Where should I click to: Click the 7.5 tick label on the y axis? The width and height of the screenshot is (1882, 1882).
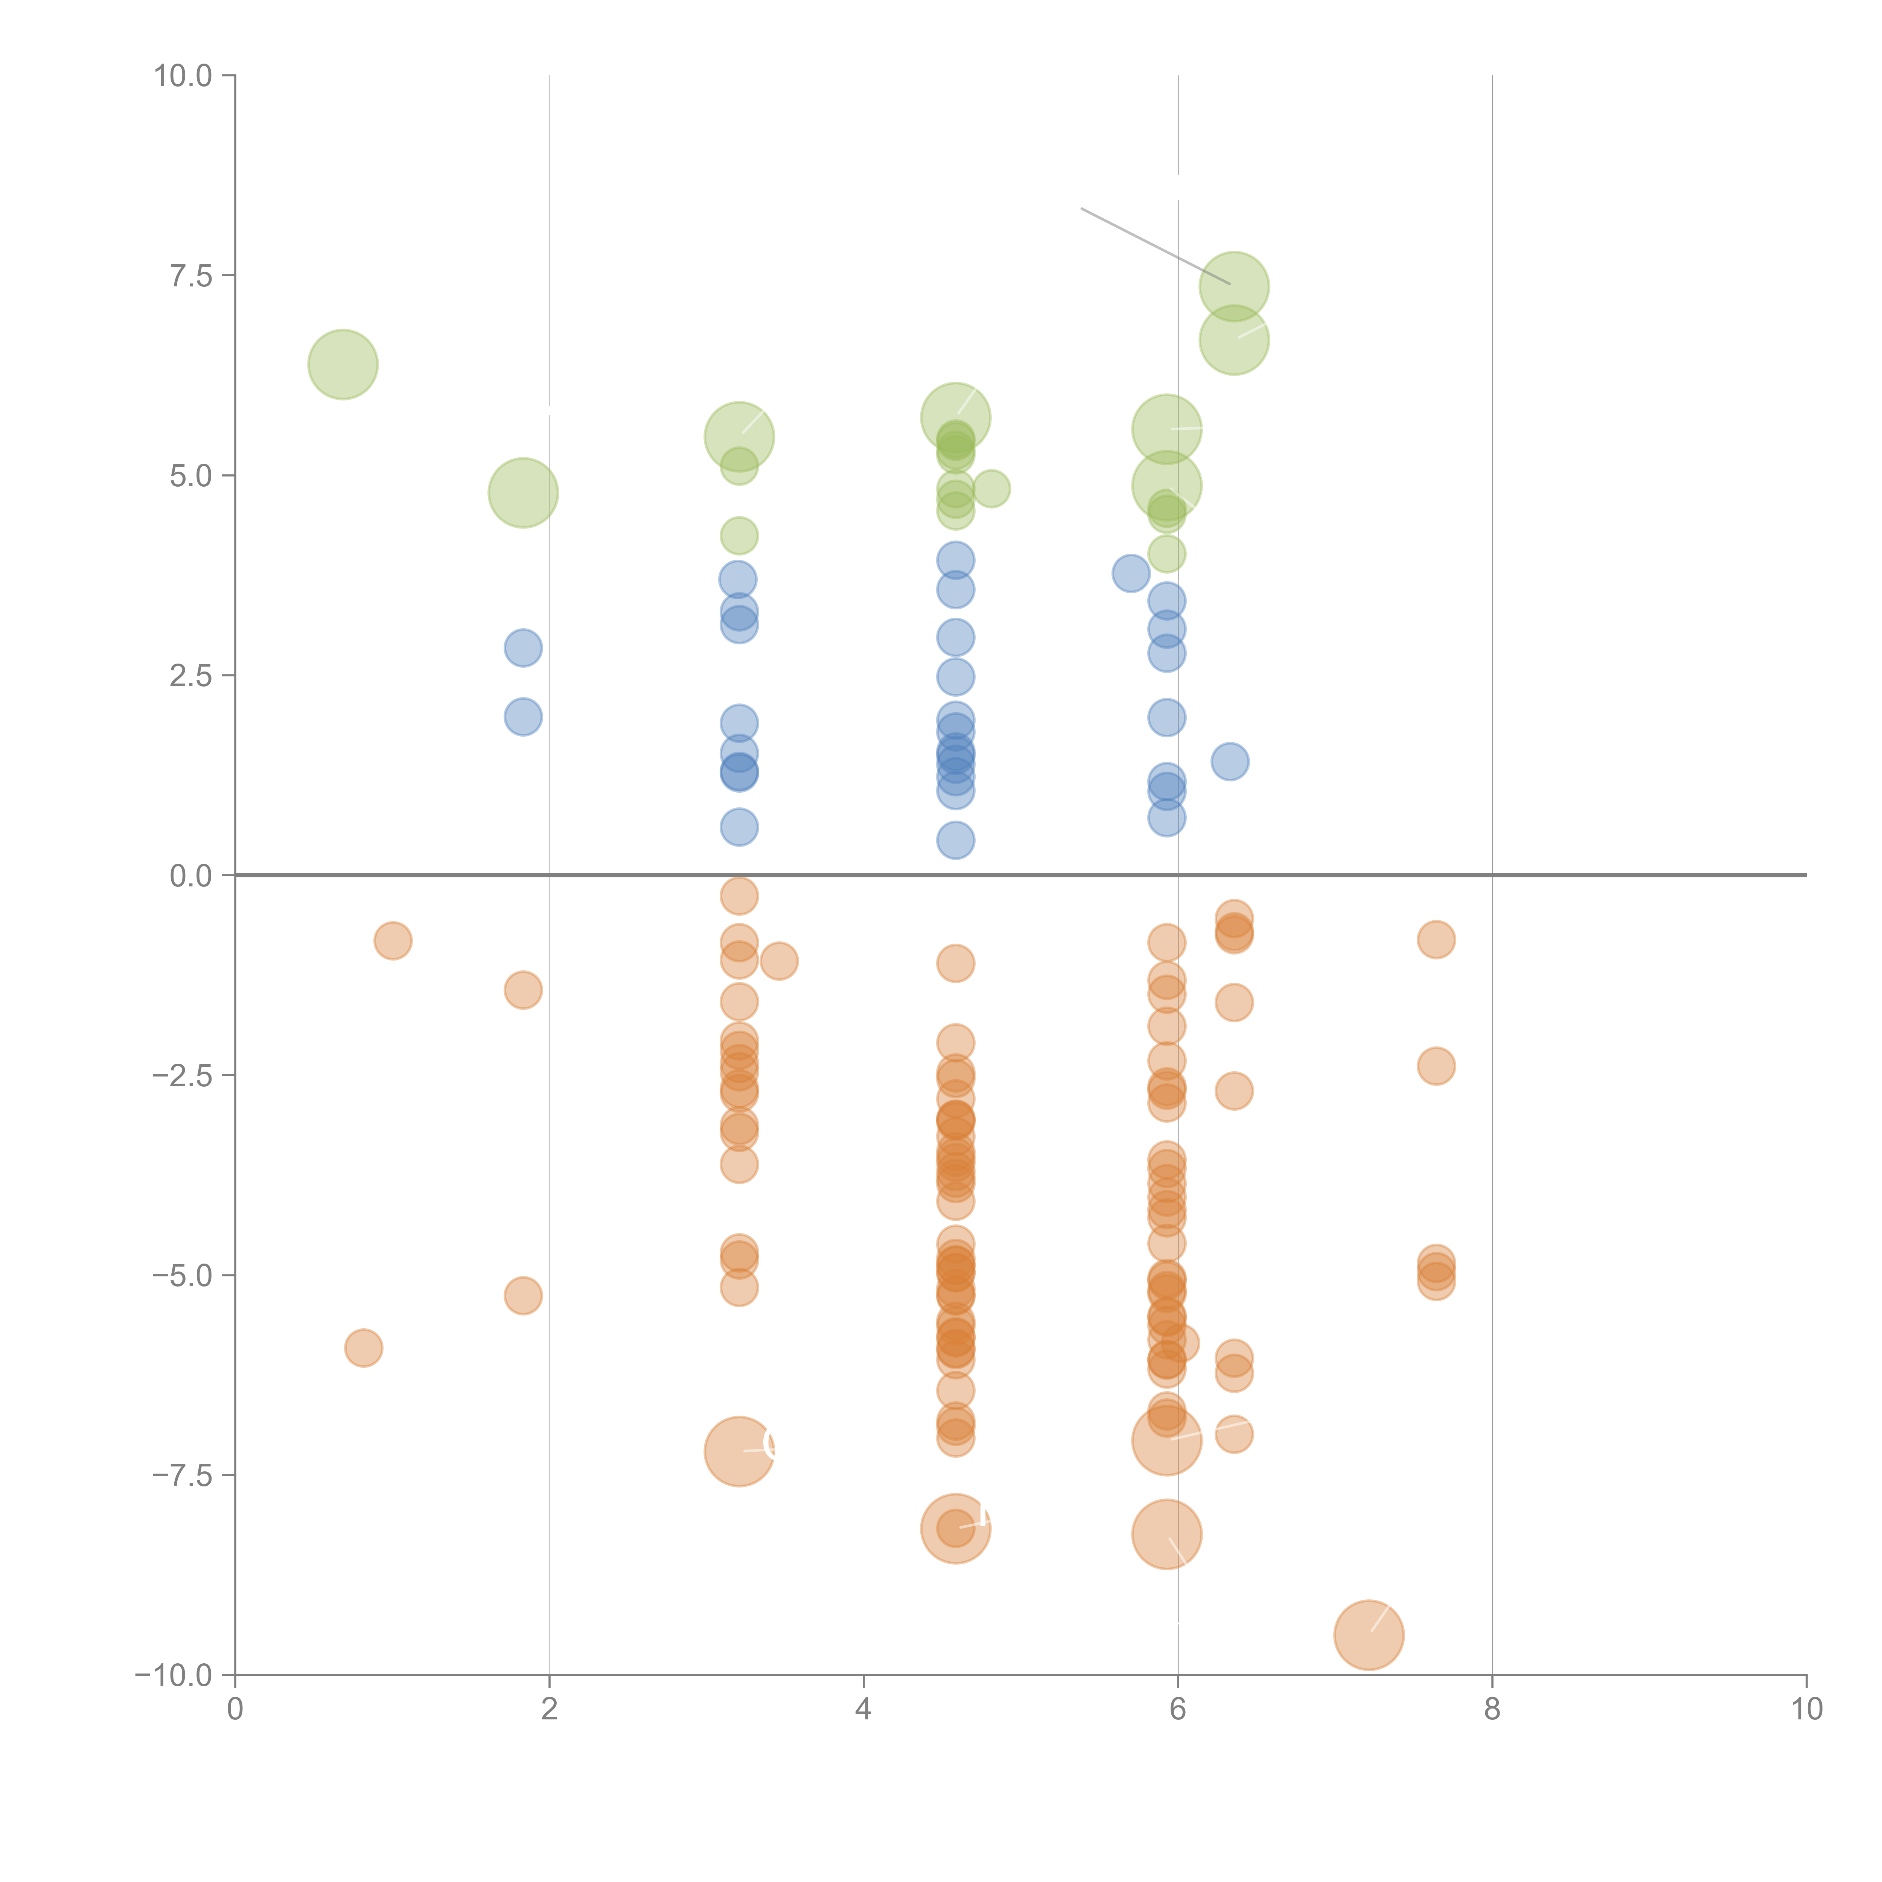point(191,276)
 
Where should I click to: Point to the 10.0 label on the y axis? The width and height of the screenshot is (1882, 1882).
point(183,76)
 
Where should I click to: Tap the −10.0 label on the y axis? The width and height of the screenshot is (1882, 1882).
point(174,1675)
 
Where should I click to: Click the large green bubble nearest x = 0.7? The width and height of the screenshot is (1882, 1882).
point(343,364)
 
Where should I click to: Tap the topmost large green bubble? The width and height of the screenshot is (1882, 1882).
point(1234,286)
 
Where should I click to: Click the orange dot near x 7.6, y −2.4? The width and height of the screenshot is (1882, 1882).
point(1436,1066)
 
